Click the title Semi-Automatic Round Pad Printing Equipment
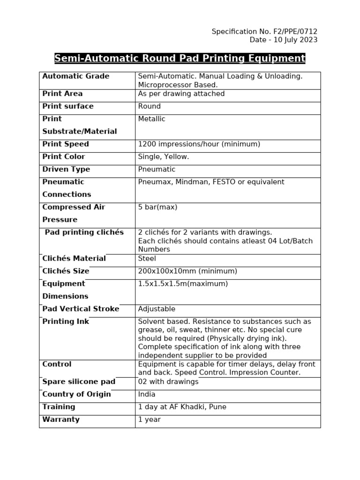point(180,59)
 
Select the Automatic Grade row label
point(75,76)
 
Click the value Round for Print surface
point(149,106)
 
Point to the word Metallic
point(151,119)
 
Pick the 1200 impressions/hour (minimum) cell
point(199,144)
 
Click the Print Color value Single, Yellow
point(163,157)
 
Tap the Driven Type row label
point(66,170)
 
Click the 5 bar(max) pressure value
point(157,207)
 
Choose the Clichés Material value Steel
point(147,259)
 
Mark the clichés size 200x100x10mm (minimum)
point(187,271)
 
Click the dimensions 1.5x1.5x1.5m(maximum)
point(183,284)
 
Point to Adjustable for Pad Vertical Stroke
point(157,309)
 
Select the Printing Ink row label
point(66,322)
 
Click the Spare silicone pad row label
point(79,382)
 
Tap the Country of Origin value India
point(147,395)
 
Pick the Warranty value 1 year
point(149,420)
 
